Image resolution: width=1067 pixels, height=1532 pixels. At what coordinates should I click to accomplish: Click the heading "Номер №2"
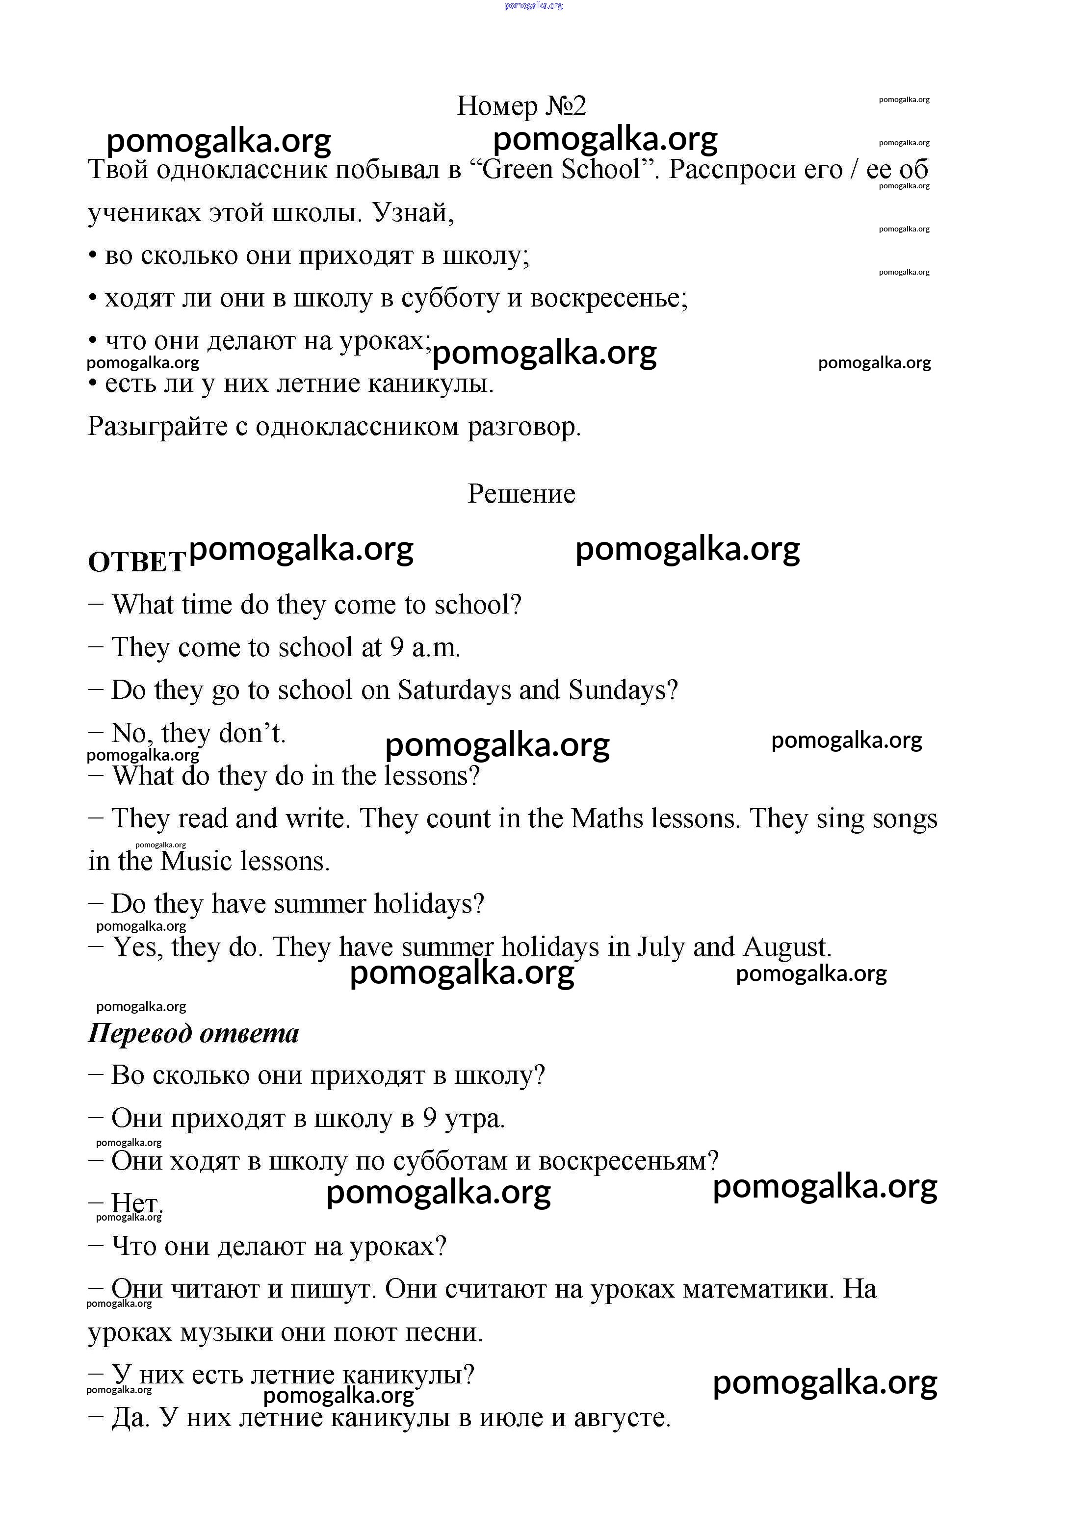click(521, 105)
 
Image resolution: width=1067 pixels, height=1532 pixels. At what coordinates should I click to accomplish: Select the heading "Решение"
click(521, 494)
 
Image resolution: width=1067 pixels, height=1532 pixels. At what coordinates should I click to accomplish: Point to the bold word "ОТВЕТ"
click(136, 562)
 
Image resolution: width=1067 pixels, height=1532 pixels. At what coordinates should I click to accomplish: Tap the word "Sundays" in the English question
click(622, 690)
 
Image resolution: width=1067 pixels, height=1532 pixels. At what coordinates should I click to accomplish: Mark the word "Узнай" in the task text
click(413, 213)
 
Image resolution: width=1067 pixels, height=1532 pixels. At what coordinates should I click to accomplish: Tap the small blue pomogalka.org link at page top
click(534, 5)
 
